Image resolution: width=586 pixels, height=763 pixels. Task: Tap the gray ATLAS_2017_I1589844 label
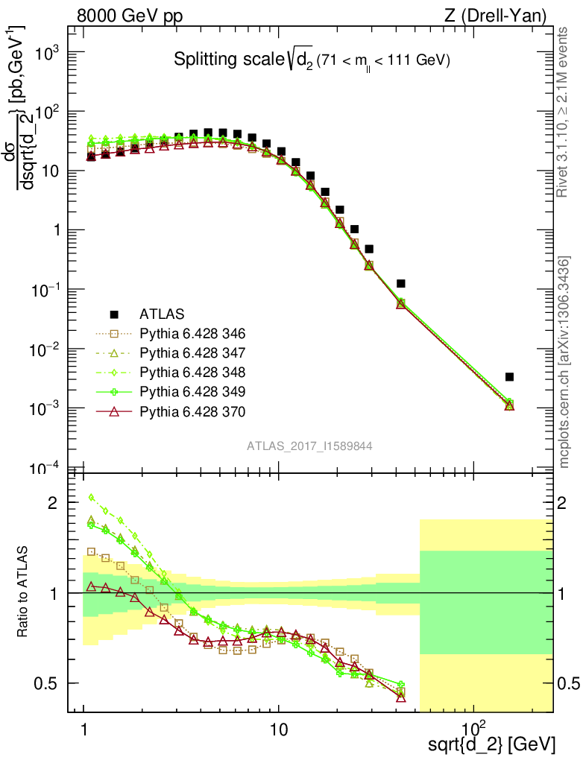click(x=310, y=446)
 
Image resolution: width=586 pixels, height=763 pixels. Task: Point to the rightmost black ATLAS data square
click(x=509, y=377)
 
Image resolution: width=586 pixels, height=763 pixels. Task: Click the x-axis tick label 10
click(x=278, y=726)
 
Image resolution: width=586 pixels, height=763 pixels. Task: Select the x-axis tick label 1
click(x=84, y=726)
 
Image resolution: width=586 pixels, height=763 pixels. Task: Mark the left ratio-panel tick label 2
click(x=52, y=503)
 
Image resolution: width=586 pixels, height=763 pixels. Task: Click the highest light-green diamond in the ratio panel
click(x=91, y=497)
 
